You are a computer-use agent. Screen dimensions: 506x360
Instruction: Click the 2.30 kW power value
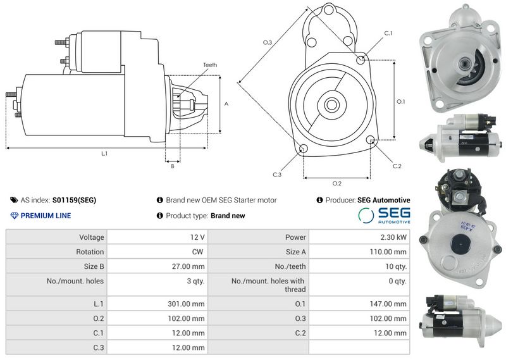(x=393, y=237)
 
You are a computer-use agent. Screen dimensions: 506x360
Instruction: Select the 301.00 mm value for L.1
(x=186, y=304)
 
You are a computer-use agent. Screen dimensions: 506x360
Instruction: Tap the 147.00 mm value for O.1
(x=388, y=304)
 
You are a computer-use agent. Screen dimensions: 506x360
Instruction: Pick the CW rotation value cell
(x=197, y=252)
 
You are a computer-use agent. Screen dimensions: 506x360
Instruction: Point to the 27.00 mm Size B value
(x=188, y=267)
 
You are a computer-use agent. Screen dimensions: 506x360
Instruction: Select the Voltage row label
(x=92, y=237)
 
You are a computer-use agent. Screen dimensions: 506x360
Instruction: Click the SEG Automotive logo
(x=384, y=215)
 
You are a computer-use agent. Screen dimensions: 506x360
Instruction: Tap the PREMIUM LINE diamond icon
(x=14, y=216)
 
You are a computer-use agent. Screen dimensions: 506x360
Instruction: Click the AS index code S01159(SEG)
(x=74, y=200)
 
